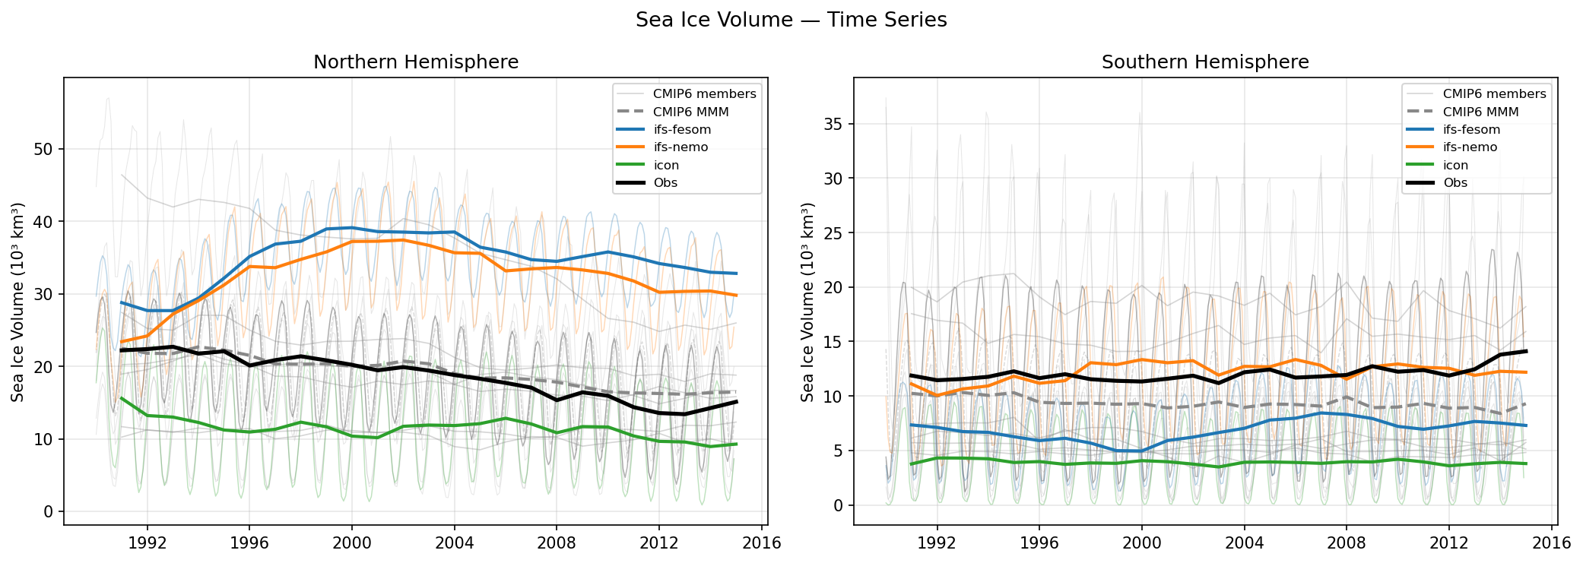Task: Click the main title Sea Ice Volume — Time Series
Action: [x=791, y=20]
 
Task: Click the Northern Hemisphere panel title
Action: [x=416, y=62]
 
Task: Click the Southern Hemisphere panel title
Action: [x=1205, y=62]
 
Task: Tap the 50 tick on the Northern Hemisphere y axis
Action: [x=43, y=149]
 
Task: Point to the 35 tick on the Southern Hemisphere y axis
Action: [x=833, y=124]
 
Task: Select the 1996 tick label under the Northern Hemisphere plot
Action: [x=249, y=543]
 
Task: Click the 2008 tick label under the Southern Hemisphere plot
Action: [x=1346, y=543]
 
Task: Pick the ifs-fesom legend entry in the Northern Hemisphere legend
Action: [x=682, y=130]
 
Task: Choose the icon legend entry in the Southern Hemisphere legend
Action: [x=1455, y=165]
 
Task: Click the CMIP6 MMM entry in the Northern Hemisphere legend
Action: [x=690, y=112]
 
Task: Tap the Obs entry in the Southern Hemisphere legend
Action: [x=1455, y=182]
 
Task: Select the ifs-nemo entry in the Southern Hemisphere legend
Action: [x=1470, y=147]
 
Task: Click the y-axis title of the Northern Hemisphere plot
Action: [x=17, y=302]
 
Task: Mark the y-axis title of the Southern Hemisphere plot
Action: [x=807, y=302]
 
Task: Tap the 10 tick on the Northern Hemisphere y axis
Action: [x=43, y=439]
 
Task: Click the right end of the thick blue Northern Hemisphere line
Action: [x=736, y=274]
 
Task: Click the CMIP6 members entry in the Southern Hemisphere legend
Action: [x=1494, y=94]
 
